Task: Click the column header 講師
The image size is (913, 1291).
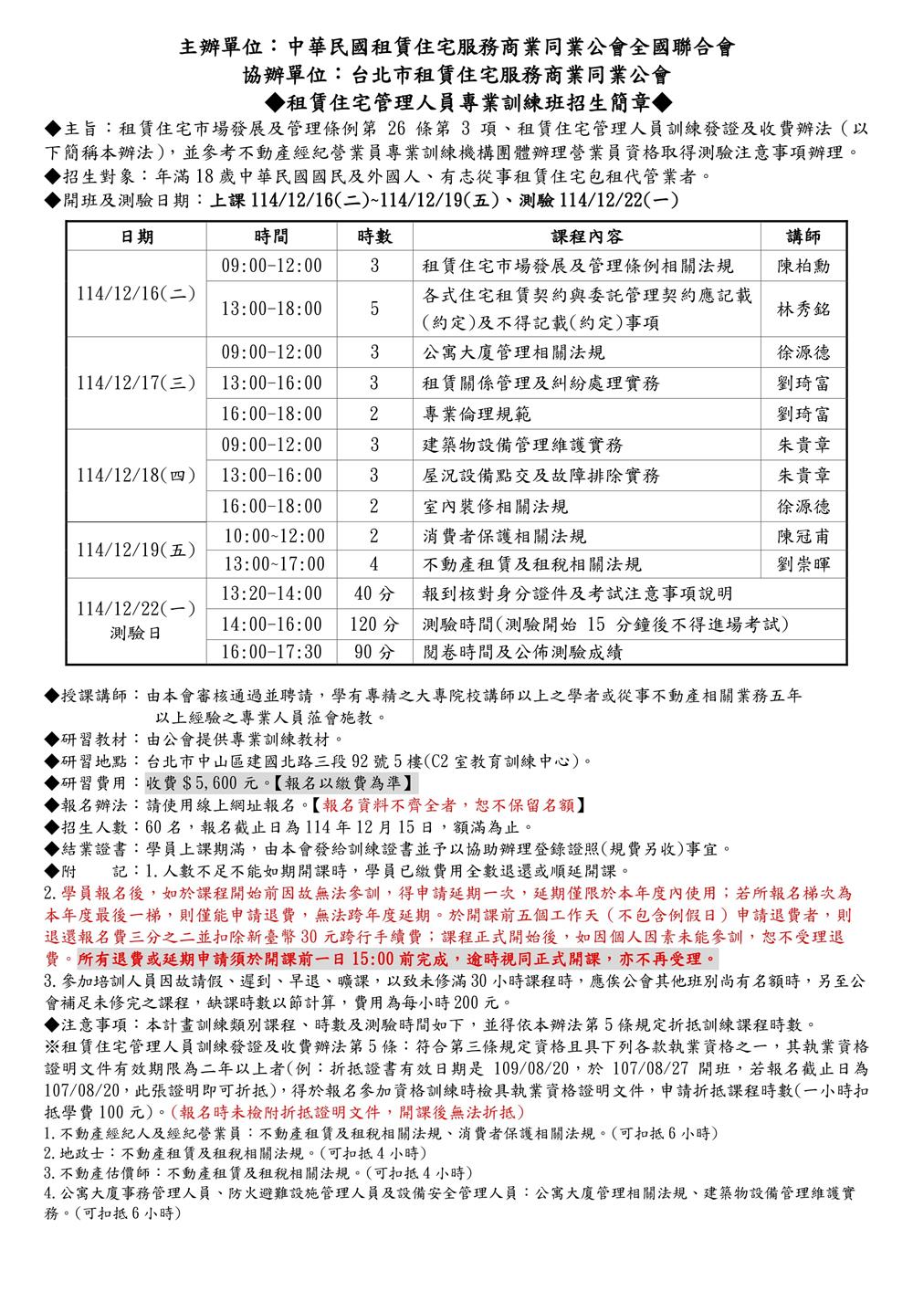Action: click(x=803, y=236)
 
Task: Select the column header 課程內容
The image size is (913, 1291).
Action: click(x=587, y=236)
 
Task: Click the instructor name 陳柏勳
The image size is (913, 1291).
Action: click(x=803, y=267)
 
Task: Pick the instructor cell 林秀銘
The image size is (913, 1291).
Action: click(x=803, y=309)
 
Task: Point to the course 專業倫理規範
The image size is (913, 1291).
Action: click(x=477, y=414)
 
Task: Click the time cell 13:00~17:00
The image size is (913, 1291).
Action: click(x=275, y=564)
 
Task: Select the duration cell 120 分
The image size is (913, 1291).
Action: click(x=374, y=625)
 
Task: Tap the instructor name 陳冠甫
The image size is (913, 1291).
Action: click(x=803, y=536)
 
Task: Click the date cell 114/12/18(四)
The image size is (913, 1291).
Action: click(x=136, y=476)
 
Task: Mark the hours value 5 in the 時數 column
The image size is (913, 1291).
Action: click(x=374, y=309)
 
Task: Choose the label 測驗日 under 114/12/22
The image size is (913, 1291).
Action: click(x=136, y=632)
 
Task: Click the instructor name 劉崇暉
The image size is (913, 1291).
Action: click(x=803, y=564)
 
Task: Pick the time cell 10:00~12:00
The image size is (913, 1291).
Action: click(x=275, y=536)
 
